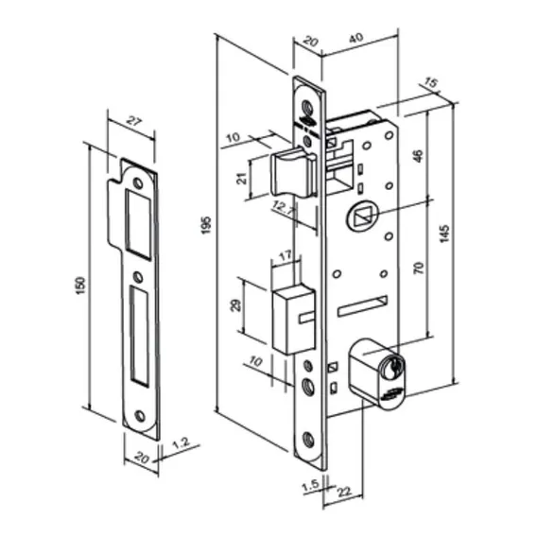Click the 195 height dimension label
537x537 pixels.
[x=206, y=225]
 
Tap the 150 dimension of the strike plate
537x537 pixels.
[x=79, y=286]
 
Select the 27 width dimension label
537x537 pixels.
[x=133, y=121]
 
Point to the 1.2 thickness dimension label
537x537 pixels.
[x=182, y=443]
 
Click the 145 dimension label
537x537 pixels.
[x=444, y=234]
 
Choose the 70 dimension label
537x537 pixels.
[x=419, y=268]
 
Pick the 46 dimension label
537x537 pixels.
[x=419, y=156]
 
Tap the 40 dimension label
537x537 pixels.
[x=356, y=38]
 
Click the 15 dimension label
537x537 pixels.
[x=430, y=82]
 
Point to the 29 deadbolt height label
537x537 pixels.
[x=236, y=304]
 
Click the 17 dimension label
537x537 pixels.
[x=286, y=255]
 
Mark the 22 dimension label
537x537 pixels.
[x=344, y=493]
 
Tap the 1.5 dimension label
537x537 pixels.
[x=311, y=486]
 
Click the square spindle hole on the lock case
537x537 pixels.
[x=362, y=217]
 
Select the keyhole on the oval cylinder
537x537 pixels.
[x=392, y=369]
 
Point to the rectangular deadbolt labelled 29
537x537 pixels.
[x=293, y=320]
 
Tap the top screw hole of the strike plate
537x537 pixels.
[x=138, y=182]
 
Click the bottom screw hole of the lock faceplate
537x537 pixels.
[x=308, y=440]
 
